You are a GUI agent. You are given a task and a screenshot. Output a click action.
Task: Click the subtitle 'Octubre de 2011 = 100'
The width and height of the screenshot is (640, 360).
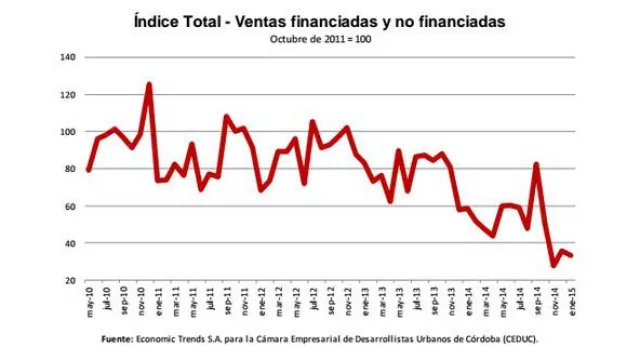319,39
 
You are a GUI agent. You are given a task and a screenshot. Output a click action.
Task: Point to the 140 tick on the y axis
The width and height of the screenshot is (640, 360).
69,58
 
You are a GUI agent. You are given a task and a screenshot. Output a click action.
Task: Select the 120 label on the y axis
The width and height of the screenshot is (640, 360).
69,95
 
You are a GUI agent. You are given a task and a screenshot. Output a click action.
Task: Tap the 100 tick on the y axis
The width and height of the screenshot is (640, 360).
69,132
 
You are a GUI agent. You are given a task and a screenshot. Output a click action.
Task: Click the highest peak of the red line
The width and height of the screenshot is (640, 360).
149,84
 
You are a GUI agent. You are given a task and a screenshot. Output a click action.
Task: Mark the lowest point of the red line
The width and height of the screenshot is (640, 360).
553,265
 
